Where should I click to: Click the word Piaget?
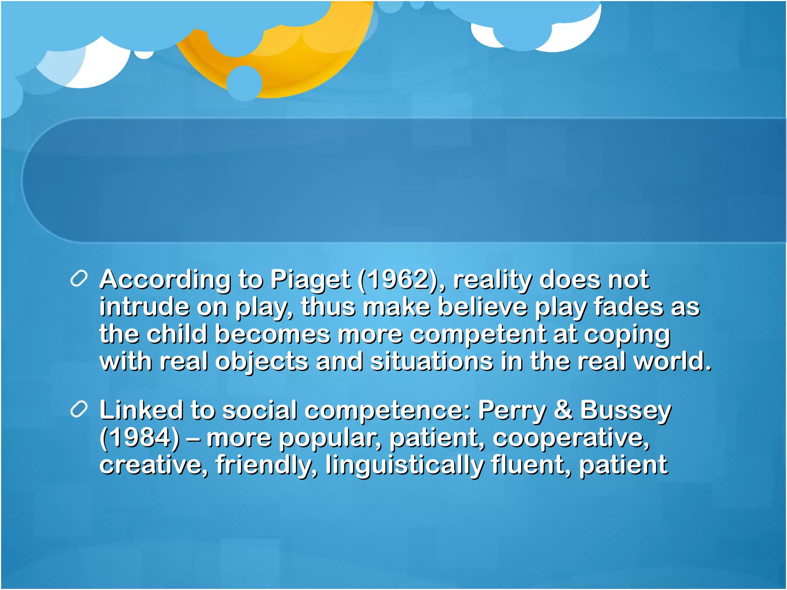pyautogui.click(x=310, y=280)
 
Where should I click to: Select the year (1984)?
pyautogui.click(x=139, y=438)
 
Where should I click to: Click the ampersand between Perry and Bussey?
pyautogui.click(x=563, y=410)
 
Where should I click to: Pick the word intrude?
pyautogui.click(x=144, y=307)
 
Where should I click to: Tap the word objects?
pyautogui.click(x=261, y=362)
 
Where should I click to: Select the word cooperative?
pyautogui.click(x=571, y=438)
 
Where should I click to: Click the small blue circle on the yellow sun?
pyautogui.click(x=244, y=83)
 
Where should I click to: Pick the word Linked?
pyautogui.click(x=141, y=410)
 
